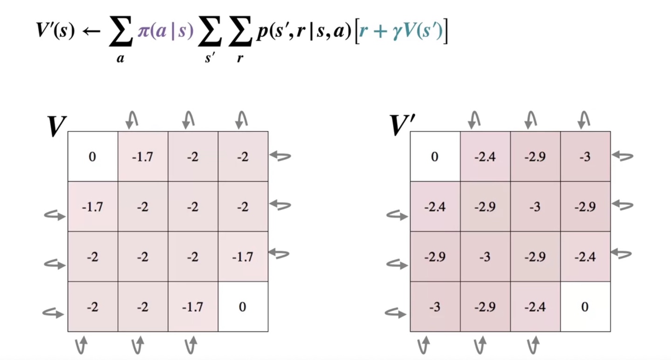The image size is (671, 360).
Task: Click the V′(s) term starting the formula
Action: (x=55, y=32)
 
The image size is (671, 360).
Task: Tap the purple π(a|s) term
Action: (x=165, y=32)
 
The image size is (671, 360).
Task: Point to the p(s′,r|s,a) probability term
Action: (x=303, y=32)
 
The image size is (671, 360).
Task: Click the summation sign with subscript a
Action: (x=121, y=35)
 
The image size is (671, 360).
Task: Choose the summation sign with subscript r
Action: (x=240, y=35)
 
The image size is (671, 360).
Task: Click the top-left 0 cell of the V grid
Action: (x=92, y=156)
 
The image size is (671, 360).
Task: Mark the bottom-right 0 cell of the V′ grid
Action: (x=585, y=306)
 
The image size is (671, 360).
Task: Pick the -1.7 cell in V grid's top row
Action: (x=143, y=156)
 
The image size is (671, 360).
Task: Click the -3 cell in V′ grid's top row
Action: (x=585, y=156)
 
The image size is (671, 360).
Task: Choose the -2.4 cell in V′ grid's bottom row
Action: (x=535, y=306)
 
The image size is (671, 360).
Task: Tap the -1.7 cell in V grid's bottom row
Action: (x=192, y=306)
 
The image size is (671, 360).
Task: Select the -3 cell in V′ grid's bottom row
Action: (x=435, y=306)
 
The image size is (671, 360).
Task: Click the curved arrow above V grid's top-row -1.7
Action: (x=132, y=120)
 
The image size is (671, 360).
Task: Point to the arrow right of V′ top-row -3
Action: (x=623, y=156)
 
